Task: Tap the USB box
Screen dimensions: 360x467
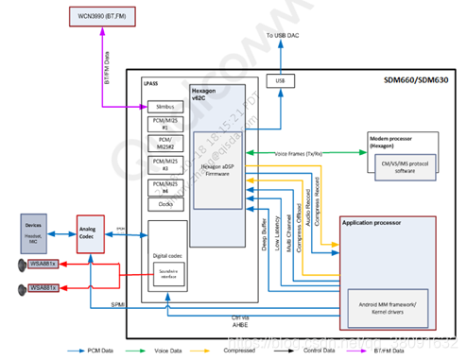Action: tap(280, 80)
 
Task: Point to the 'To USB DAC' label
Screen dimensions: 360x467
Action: tap(287, 36)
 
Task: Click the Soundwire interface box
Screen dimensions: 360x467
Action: tap(169, 276)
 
